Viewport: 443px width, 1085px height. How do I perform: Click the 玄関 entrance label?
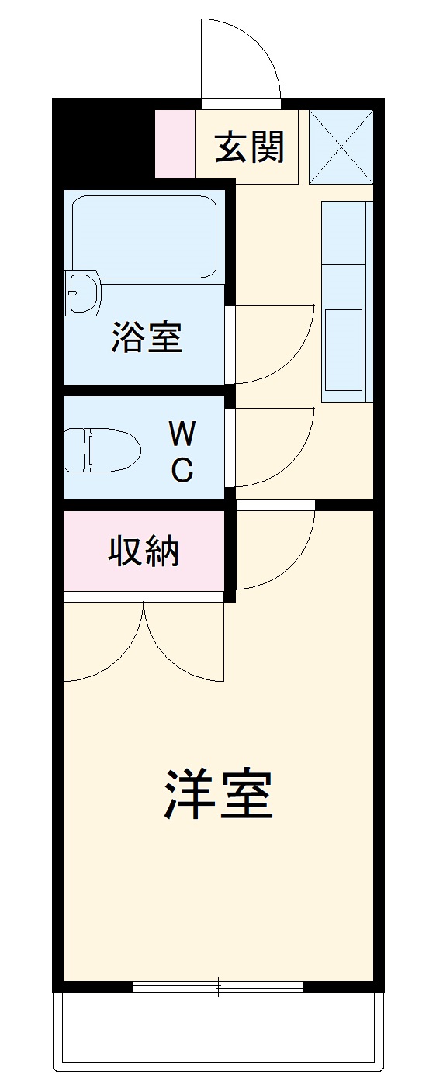250,147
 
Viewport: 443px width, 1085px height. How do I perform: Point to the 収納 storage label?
144,551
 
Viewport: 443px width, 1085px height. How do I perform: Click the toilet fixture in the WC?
101,450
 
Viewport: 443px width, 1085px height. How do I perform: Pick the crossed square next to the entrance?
341,147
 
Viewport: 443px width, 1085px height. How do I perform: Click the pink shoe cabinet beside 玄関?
175,144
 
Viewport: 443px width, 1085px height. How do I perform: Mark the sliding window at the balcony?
218,987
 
